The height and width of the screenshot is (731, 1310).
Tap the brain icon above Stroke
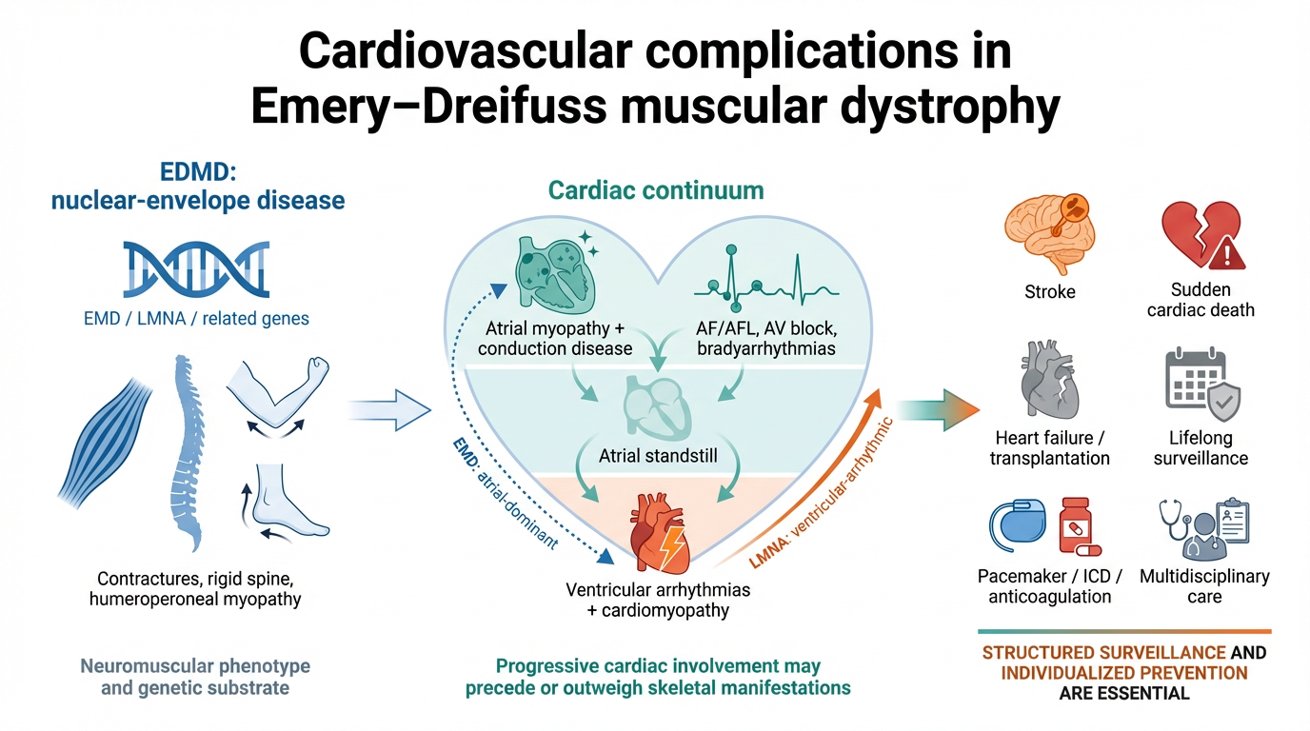pyautogui.click(x=1049, y=227)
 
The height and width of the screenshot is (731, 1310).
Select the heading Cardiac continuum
pyautogui.click(x=656, y=190)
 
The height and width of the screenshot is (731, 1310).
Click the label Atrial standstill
pyautogui.click(x=657, y=456)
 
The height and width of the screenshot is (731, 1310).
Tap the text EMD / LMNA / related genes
pyautogui.click(x=196, y=318)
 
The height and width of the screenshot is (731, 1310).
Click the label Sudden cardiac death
pyautogui.click(x=1201, y=299)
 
